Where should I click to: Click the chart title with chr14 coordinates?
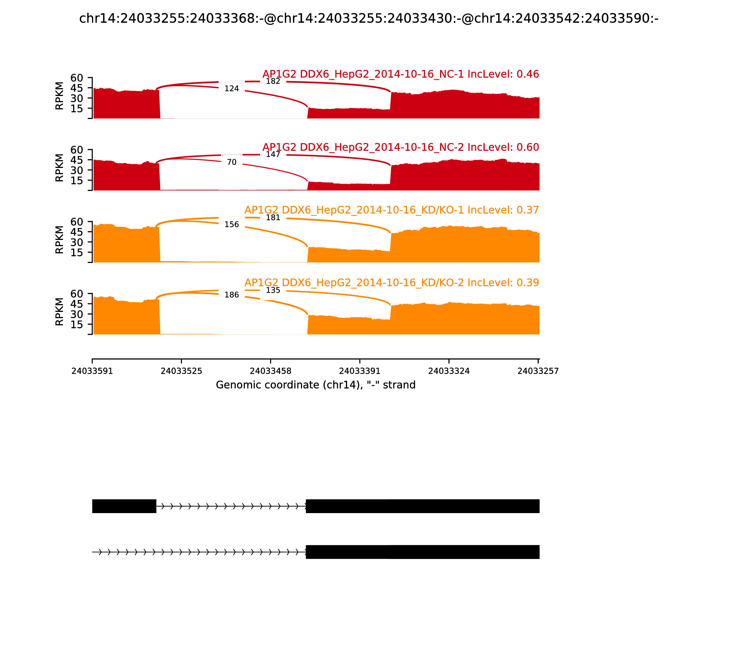pyautogui.click(x=369, y=18)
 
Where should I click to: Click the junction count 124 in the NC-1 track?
pyautogui.click(x=232, y=89)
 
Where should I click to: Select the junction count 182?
pyautogui.click(x=273, y=81)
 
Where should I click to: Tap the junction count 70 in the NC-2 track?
pyautogui.click(x=232, y=162)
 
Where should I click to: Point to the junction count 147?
pyautogui.click(x=273, y=155)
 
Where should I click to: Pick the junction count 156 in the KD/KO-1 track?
pyautogui.click(x=232, y=224)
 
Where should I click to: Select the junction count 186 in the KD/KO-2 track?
pyautogui.click(x=232, y=295)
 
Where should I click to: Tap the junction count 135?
pyautogui.click(x=273, y=290)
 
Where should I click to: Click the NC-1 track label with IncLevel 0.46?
pyautogui.click(x=401, y=74)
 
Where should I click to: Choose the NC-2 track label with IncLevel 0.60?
pyautogui.click(x=401, y=147)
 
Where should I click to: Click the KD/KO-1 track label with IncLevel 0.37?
pyautogui.click(x=392, y=210)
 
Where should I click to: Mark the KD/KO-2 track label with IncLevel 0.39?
pyautogui.click(x=392, y=283)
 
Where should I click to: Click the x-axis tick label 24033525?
pyautogui.click(x=181, y=371)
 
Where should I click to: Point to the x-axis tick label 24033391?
pyautogui.click(x=360, y=371)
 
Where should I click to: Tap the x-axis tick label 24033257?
pyautogui.click(x=538, y=371)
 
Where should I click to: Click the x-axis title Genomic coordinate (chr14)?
pyautogui.click(x=316, y=385)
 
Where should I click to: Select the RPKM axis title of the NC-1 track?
pyautogui.click(x=60, y=96)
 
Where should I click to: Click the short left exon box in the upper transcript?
pyautogui.click(x=124, y=506)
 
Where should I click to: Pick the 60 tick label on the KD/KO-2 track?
pyautogui.click(x=77, y=294)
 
